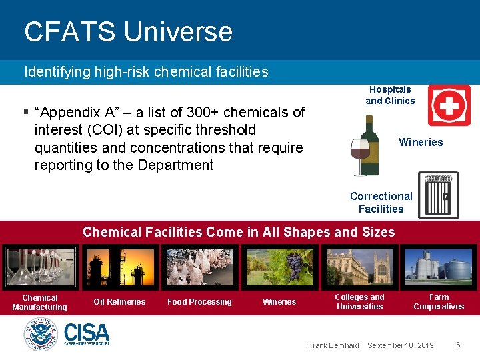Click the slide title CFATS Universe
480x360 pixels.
click(x=128, y=32)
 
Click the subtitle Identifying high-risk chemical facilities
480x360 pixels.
click(x=146, y=72)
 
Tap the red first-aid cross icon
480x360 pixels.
click(x=449, y=105)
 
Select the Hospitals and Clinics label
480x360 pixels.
click(x=390, y=95)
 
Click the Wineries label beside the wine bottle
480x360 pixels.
click(x=420, y=142)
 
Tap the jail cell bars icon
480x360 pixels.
click(x=438, y=195)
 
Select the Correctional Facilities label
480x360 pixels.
click(x=381, y=203)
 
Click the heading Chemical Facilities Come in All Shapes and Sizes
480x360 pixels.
click(x=239, y=233)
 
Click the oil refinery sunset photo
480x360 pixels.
click(x=119, y=267)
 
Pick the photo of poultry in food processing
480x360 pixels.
click(x=200, y=267)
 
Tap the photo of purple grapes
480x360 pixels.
click(x=279, y=267)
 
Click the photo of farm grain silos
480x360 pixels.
click(x=438, y=267)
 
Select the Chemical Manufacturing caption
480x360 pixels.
click(x=39, y=303)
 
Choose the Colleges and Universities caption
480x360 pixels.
click(x=359, y=302)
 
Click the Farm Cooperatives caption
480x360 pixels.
click(x=438, y=302)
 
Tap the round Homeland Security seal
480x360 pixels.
click(x=41, y=334)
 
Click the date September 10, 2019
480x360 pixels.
click(x=400, y=345)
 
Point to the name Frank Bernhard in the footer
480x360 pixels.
click(x=333, y=345)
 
